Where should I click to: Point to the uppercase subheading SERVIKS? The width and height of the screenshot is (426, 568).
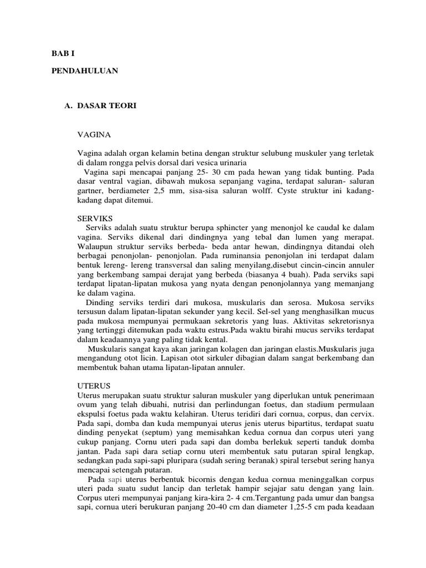(x=96, y=219)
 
